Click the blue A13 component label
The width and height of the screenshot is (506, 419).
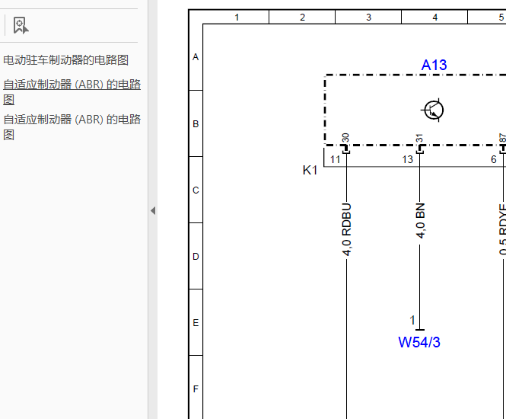point(434,65)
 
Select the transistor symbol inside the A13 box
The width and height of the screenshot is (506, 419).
point(433,110)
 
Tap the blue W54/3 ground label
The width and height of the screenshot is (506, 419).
point(418,342)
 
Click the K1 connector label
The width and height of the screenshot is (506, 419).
point(310,170)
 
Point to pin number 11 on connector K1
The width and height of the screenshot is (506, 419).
point(336,159)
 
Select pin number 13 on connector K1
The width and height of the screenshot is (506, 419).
point(407,159)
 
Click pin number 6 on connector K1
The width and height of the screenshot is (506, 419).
point(493,159)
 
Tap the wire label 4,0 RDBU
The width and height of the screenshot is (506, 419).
point(346,230)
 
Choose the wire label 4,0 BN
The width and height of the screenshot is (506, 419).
point(420,221)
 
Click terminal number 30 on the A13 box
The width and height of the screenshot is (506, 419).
point(345,138)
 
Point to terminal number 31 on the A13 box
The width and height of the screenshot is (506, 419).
point(419,138)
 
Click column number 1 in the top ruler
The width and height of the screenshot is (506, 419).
point(237,17)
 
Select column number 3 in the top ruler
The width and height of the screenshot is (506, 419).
point(368,17)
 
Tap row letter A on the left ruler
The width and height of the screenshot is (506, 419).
point(196,57)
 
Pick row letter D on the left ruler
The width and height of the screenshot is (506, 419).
point(196,257)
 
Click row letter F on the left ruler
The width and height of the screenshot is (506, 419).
point(196,389)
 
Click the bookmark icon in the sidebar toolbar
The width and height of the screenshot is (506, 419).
point(21,25)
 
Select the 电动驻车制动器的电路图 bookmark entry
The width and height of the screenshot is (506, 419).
point(66,60)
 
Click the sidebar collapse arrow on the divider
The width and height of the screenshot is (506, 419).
point(153,211)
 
